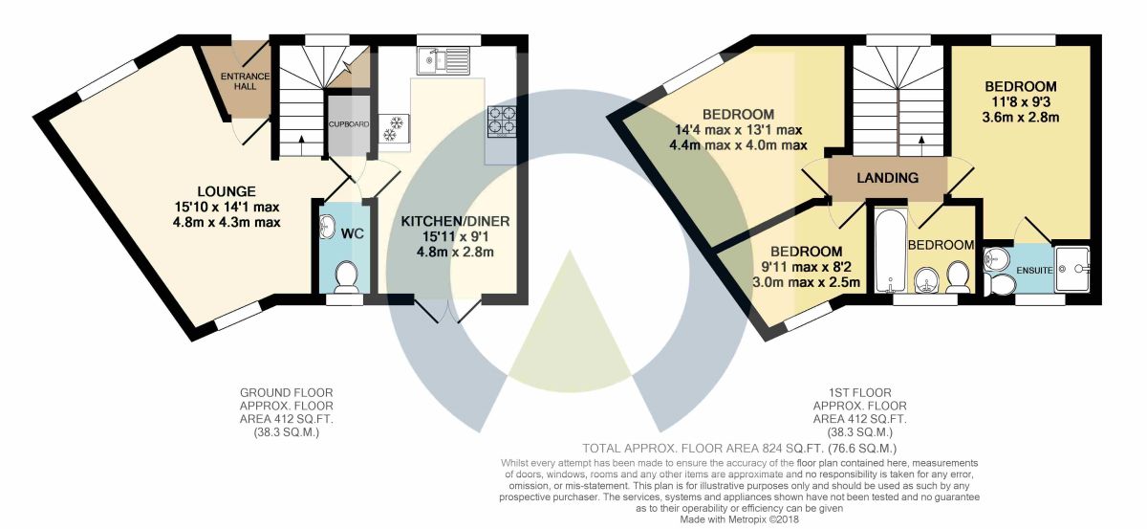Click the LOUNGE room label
point(227,191)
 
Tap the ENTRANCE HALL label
point(246,81)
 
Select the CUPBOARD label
point(349,124)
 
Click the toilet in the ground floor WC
point(347,276)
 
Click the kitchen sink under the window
point(443,60)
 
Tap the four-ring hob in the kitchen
point(502,121)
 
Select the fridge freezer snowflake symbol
point(393,128)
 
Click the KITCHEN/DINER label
point(455,221)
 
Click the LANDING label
point(887,178)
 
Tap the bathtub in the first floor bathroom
point(891,251)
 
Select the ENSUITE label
point(1034,270)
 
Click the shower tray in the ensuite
point(1071,270)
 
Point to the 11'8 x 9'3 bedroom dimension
point(1021,102)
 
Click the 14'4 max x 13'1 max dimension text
point(738,130)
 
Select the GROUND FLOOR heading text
point(286,392)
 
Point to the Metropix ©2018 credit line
point(739,519)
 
